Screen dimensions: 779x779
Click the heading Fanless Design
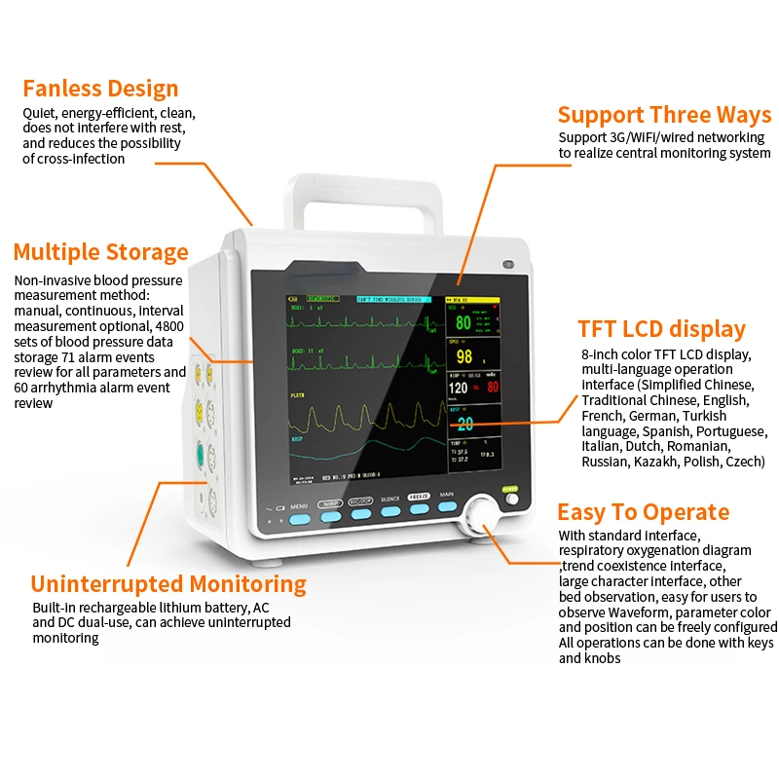tap(100, 89)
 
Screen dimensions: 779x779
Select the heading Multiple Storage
tap(100, 252)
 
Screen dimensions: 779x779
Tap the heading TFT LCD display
tap(661, 329)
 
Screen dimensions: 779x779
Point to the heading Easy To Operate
tap(643, 512)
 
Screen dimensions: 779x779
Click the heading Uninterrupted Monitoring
tap(168, 584)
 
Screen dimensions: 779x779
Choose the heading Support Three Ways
tap(664, 115)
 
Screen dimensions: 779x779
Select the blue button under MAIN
tap(447, 506)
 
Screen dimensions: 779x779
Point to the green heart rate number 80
tap(463, 323)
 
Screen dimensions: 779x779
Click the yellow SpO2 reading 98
tap(464, 356)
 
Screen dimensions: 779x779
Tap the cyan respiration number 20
tap(464, 424)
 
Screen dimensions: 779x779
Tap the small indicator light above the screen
tap(507, 264)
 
